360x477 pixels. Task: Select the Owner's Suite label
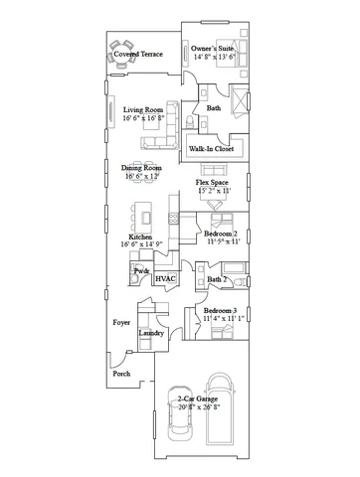coord(213,47)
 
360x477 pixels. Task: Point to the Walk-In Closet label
coord(212,148)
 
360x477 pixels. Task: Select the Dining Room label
coord(141,169)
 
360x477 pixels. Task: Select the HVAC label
coord(165,279)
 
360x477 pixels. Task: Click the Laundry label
coord(151,333)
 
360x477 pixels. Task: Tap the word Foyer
coord(121,323)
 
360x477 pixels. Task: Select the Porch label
coord(121,374)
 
